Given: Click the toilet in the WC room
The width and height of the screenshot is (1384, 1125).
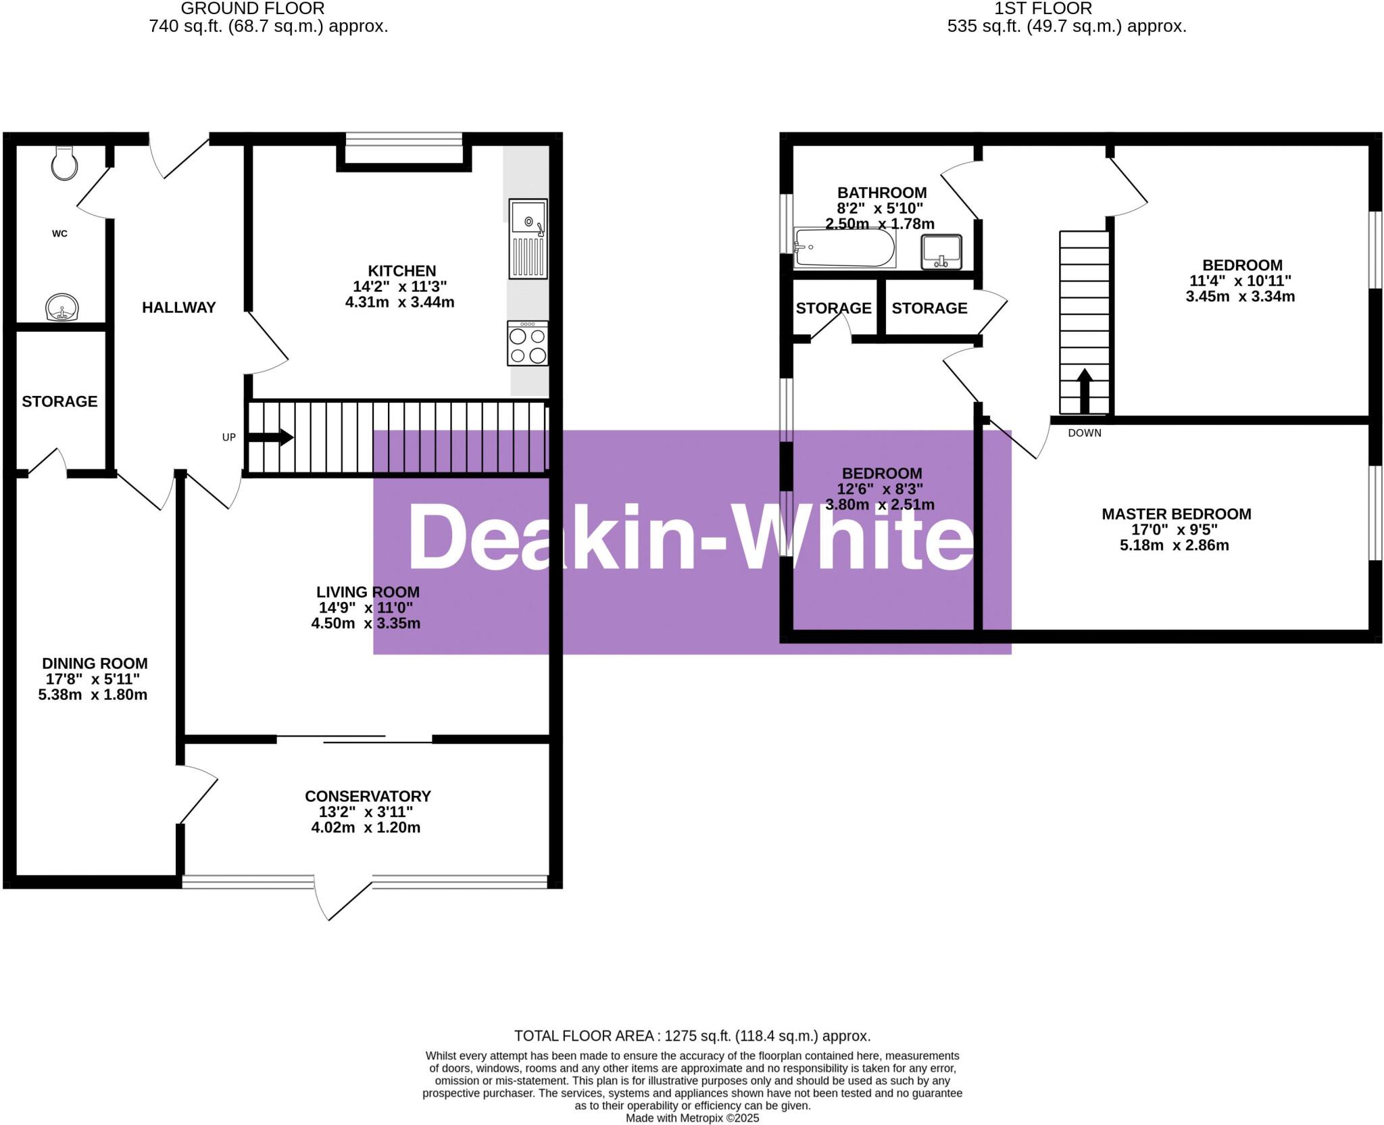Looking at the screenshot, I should [65, 162].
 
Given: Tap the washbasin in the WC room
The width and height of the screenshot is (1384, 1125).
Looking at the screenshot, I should [62, 307].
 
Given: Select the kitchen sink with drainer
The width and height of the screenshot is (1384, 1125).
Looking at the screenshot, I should [528, 239].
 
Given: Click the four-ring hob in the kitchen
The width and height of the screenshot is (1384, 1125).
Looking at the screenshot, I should [528, 344].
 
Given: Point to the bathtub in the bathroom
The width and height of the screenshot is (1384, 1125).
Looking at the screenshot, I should [844, 248].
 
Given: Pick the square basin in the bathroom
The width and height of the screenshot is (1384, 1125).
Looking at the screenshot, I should [941, 252].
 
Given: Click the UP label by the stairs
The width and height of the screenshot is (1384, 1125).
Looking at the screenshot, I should [229, 437].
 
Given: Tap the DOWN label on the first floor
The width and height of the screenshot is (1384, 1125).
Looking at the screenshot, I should [1084, 433].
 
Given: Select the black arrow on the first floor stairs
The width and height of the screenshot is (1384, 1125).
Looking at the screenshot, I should [1084, 391].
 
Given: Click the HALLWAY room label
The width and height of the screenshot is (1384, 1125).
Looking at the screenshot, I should [178, 307].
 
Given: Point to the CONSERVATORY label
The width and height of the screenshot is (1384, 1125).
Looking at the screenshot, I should [368, 796].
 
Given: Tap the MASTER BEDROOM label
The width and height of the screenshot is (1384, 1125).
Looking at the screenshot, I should [1176, 514].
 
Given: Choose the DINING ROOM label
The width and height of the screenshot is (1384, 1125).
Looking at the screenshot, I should [95, 664].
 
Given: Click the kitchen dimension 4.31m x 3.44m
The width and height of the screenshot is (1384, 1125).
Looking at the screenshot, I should [399, 302].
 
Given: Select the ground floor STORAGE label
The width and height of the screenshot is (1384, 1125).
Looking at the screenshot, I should [59, 401].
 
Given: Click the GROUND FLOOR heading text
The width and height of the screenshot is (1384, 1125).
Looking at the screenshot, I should [253, 9].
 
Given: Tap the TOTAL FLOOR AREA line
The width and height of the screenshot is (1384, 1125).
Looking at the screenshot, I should [692, 1036].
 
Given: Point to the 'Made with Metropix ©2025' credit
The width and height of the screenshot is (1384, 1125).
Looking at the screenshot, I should [692, 1118].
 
